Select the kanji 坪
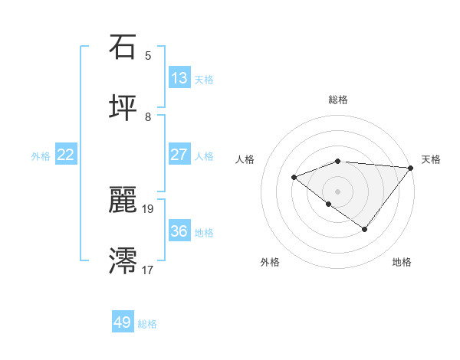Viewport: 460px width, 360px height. click(x=123, y=108)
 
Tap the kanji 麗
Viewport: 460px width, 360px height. click(x=123, y=200)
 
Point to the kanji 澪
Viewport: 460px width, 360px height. click(x=123, y=261)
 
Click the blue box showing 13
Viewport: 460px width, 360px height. click(x=179, y=78)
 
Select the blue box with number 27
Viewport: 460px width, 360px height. click(x=179, y=155)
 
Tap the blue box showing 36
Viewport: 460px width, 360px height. click(x=179, y=231)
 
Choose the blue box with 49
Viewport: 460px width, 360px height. click(x=123, y=322)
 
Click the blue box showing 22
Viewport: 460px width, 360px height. click(x=66, y=155)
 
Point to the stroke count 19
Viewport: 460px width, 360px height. click(x=148, y=208)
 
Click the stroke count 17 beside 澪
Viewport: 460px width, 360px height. click(x=148, y=270)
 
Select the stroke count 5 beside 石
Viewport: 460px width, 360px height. click(x=148, y=55)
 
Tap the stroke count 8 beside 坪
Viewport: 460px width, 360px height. click(x=148, y=116)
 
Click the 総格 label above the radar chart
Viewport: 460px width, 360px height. click(x=338, y=100)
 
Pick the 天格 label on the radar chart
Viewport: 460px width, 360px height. click(x=432, y=159)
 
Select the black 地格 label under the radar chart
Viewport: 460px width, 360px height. click(x=402, y=262)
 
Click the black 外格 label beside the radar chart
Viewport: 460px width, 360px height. click(x=270, y=262)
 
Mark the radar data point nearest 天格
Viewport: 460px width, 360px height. click(x=411, y=167)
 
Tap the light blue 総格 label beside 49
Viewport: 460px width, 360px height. click(x=147, y=324)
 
